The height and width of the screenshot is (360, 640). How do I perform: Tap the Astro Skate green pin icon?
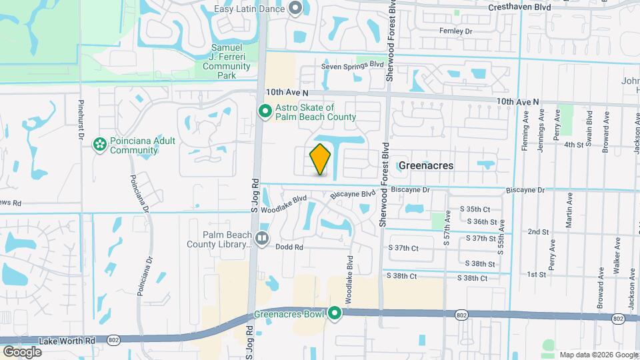tap(264, 111)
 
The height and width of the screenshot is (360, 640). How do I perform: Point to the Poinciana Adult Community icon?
tap(99, 144)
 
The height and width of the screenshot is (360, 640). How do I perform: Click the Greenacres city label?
tap(426, 165)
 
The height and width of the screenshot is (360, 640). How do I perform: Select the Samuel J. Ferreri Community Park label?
tap(221, 61)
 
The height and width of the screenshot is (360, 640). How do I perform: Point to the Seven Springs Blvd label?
tap(353, 65)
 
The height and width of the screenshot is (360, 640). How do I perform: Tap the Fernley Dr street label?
tap(456, 31)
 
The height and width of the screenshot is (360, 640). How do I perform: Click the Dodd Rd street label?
tap(289, 247)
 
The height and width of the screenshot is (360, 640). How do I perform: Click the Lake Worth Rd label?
tap(67, 340)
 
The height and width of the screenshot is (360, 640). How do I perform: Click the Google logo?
tap(22, 352)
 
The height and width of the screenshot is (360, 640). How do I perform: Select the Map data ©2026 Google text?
tap(598, 355)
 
